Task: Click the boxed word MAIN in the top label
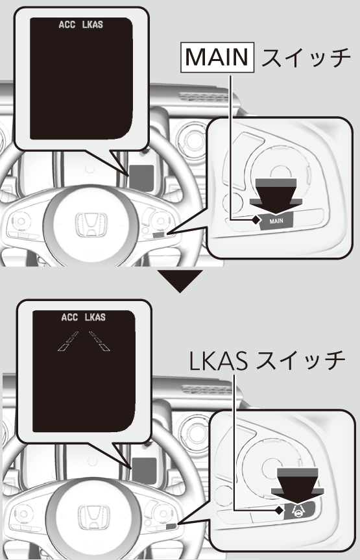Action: click(217, 57)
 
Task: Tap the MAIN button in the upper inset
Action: click(276, 221)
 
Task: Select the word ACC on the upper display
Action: click(67, 25)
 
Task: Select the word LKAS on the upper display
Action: click(93, 25)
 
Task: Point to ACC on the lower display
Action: click(69, 317)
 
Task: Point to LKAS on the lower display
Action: click(95, 317)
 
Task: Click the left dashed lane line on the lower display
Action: click(68, 341)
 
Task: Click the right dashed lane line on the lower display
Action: click(99, 341)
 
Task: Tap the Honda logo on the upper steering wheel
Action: click(91, 225)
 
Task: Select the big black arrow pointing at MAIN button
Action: click(276, 197)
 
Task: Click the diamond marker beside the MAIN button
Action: click(256, 220)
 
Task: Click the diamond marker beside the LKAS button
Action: click(280, 510)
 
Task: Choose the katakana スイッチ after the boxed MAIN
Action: click(306, 58)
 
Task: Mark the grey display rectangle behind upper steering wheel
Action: click(141, 178)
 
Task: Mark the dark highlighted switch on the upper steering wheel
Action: click(159, 235)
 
